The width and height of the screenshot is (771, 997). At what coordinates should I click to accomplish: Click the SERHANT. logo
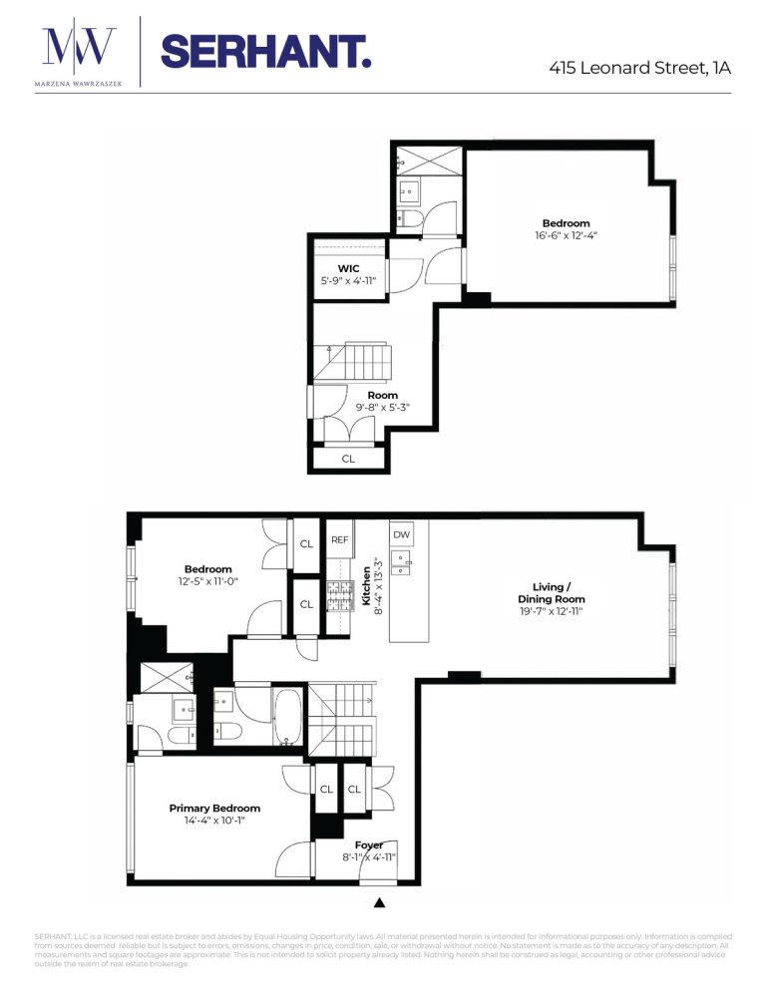[265, 50]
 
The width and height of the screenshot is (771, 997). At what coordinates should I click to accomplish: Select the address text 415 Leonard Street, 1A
[639, 68]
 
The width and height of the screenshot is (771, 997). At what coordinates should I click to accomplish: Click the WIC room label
[348, 268]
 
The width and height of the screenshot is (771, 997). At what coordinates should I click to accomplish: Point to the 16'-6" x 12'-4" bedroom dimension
[566, 235]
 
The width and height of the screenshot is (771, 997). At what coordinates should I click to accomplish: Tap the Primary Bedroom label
[214, 809]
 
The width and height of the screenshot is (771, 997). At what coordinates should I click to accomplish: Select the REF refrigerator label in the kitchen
[339, 538]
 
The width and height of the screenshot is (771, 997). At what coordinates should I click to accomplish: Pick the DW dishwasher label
[401, 535]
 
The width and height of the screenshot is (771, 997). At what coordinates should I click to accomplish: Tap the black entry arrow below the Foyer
[379, 903]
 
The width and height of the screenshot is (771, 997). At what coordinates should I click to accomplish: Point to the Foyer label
[369, 844]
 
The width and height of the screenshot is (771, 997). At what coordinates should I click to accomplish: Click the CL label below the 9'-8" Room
[348, 460]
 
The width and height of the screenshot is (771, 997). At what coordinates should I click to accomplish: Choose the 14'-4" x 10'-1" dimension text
[214, 822]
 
